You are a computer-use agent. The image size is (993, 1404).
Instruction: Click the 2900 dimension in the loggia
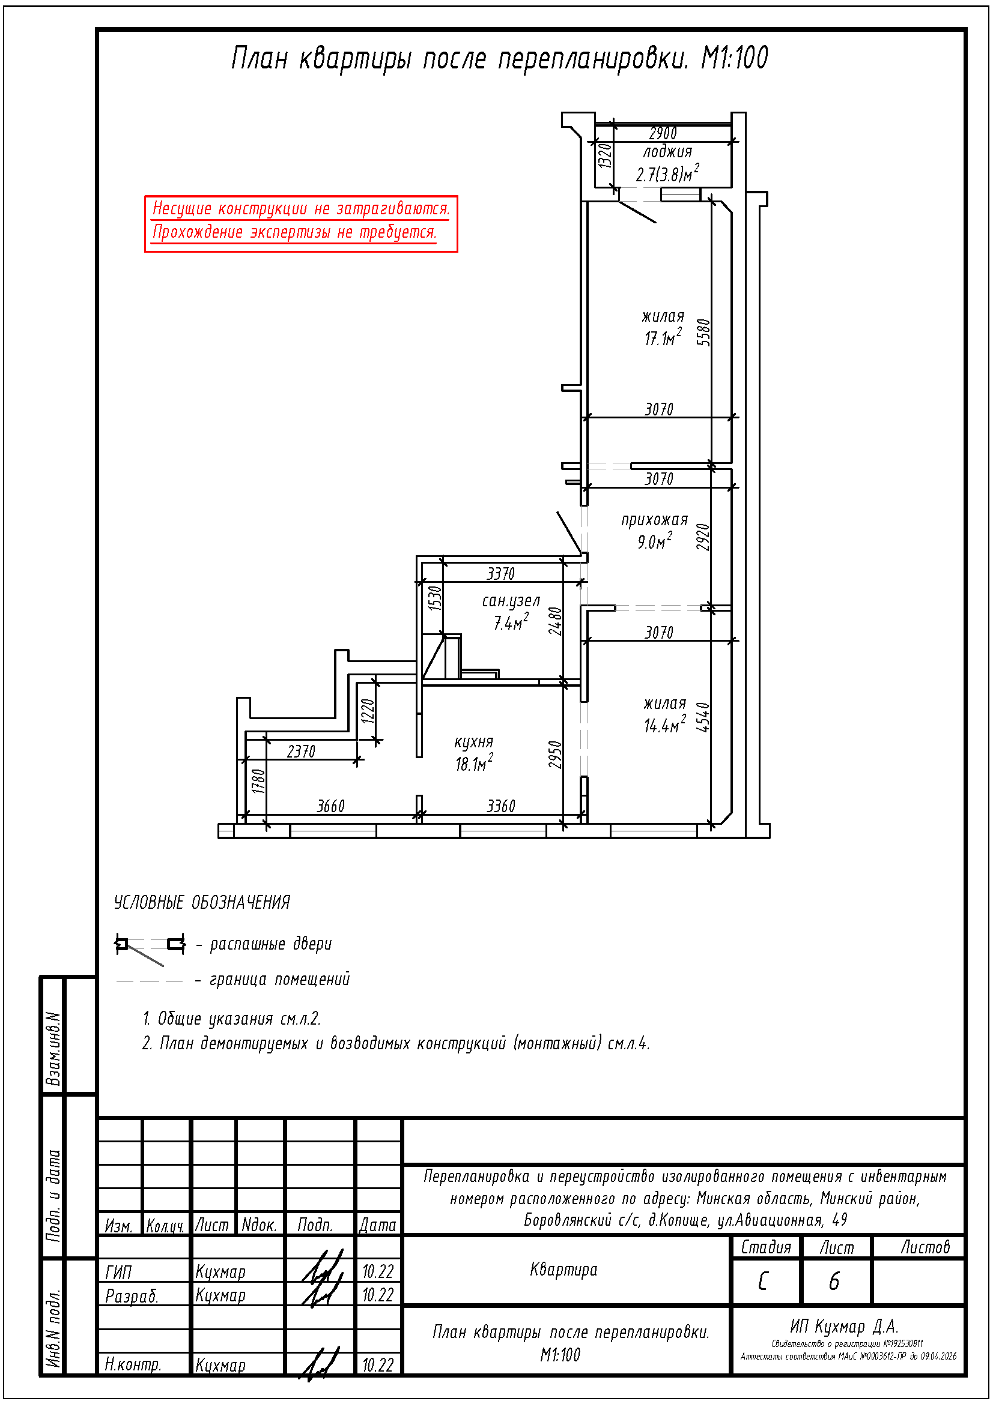(663, 133)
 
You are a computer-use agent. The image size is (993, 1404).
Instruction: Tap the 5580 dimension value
(704, 332)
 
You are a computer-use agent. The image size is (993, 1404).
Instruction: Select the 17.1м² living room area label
(663, 337)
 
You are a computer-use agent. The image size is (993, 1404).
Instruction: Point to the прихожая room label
(655, 520)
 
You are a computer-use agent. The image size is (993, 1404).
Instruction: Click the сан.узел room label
(511, 601)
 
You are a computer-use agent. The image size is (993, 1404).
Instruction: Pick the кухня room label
(473, 742)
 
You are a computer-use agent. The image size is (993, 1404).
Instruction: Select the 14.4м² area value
(664, 725)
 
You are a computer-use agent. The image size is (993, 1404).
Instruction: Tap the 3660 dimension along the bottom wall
(330, 806)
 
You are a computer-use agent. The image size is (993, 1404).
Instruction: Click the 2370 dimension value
(301, 751)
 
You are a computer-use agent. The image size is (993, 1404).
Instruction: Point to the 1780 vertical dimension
(258, 782)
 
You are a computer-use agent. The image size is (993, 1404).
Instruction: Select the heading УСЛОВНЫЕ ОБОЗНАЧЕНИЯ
(202, 903)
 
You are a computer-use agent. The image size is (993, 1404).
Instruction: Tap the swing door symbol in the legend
(150, 949)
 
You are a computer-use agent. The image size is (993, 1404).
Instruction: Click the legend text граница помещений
(279, 979)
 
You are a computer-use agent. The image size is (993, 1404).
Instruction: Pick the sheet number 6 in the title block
(834, 1281)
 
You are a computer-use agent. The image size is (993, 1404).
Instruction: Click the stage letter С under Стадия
(763, 1281)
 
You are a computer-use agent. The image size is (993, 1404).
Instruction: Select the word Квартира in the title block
(563, 1270)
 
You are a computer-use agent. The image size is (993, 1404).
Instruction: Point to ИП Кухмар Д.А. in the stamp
(843, 1326)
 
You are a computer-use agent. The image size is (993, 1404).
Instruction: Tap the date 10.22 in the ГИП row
(377, 1271)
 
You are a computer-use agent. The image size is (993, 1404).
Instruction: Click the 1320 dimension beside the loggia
(604, 156)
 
